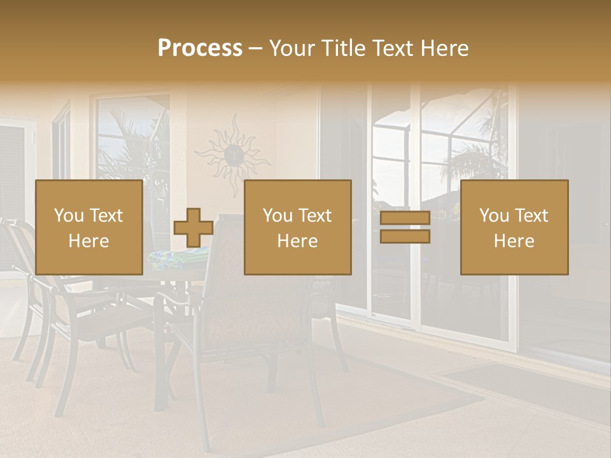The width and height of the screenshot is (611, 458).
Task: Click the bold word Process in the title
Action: pyautogui.click(x=200, y=48)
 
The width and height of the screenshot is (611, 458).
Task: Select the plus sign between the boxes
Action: pyautogui.click(x=193, y=228)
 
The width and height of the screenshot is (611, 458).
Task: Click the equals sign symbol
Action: pyautogui.click(x=405, y=227)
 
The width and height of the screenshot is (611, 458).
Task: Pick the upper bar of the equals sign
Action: pyautogui.click(x=405, y=218)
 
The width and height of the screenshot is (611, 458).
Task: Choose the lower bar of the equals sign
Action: pyautogui.click(x=405, y=236)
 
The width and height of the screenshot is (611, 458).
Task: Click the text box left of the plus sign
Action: pyautogui.click(x=88, y=227)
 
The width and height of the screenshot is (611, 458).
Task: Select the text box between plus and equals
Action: pyautogui.click(x=297, y=227)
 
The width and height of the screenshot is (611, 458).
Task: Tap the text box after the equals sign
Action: pyautogui.click(x=514, y=227)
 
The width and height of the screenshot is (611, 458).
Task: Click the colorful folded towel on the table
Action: pyautogui.click(x=178, y=258)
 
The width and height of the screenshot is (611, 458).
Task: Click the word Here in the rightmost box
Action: pyautogui.click(x=514, y=240)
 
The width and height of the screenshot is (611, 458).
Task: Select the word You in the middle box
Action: pyautogui.click(x=277, y=216)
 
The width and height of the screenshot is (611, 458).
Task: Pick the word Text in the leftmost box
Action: pyautogui.click(x=106, y=216)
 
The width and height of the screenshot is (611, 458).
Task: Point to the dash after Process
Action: pyautogui.click(x=255, y=48)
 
